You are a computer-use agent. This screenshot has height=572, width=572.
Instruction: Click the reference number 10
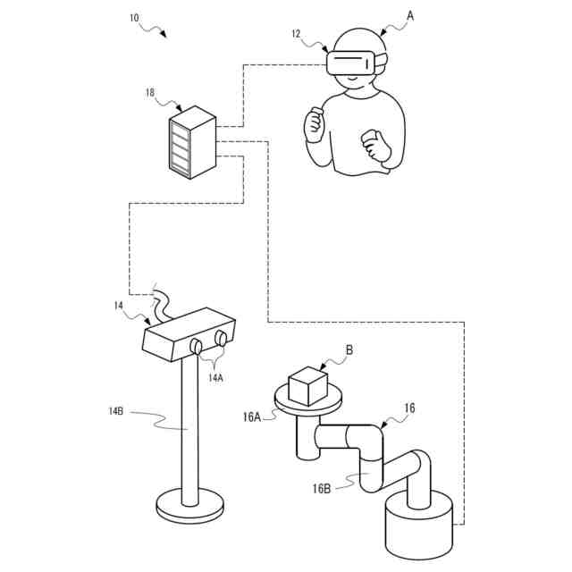(134, 16)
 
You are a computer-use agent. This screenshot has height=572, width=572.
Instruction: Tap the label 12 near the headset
(296, 34)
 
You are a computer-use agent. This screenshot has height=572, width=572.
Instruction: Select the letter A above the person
(410, 15)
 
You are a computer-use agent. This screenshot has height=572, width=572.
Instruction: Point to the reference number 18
(149, 91)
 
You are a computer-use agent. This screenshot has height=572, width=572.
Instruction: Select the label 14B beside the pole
(115, 411)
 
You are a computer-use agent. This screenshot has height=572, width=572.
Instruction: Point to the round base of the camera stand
(190, 506)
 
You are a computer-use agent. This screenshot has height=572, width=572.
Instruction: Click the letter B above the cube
(349, 350)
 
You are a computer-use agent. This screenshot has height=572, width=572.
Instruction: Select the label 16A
(252, 416)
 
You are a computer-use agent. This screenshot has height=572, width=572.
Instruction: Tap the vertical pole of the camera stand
(189, 429)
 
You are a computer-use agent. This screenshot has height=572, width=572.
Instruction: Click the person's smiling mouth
(351, 81)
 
